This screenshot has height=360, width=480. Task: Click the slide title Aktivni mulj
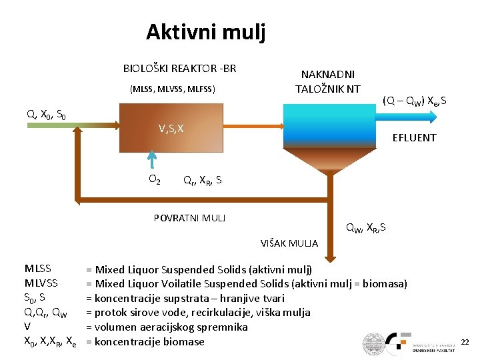[205, 31]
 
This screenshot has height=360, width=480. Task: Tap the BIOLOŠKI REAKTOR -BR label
[179, 69]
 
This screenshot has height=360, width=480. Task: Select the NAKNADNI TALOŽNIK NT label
[327, 82]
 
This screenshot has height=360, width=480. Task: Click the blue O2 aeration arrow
[153, 161]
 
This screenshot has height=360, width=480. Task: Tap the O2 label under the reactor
[153, 179]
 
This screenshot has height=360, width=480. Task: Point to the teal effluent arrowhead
[431, 117]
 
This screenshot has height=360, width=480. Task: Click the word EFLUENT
[414, 138]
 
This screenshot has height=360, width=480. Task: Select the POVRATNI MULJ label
[189, 218]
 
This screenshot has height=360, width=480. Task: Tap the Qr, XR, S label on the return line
[202, 180]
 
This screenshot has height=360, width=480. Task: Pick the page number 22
[465, 342]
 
